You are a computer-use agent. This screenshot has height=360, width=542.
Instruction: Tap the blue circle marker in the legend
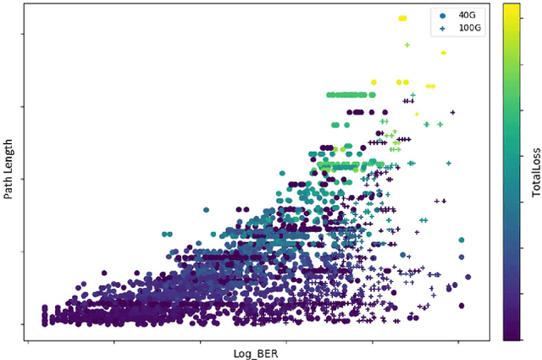[442, 15]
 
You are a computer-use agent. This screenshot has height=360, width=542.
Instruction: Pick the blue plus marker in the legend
[442, 28]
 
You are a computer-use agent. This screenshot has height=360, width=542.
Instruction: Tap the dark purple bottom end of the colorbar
[512, 335]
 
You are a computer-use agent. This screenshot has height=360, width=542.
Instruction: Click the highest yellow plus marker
[407, 45]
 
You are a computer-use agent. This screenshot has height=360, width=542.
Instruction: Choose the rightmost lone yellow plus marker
[443, 53]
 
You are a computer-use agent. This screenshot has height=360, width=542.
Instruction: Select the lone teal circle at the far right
[462, 241]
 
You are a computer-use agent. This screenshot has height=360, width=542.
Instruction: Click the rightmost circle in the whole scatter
[468, 277]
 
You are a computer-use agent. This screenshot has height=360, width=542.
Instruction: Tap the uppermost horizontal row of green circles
[347, 96]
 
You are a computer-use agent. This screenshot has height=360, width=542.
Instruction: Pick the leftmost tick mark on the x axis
[30, 343]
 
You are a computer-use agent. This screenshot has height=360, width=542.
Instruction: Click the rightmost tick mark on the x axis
[458, 343]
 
